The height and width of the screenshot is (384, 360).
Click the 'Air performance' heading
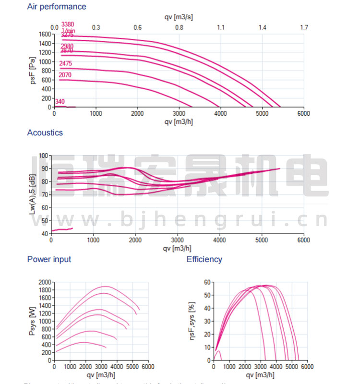coord(57,7)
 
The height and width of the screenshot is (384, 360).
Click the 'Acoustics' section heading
coord(45,132)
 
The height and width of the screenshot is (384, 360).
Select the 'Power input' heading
coord(49,259)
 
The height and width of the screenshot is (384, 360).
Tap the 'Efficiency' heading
coord(204,259)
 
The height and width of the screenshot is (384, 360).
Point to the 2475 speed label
coord(66,63)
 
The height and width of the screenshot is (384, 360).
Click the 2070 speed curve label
coord(65,75)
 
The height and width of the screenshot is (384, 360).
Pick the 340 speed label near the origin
coord(60,101)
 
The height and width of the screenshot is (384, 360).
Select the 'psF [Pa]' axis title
coord(33,71)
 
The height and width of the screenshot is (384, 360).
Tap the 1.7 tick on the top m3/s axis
coord(304,27)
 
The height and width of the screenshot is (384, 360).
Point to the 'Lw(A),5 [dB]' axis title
coord(33,194)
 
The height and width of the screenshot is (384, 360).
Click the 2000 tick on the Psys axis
coord(44,282)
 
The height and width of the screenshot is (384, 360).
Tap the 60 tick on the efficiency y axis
coord(207,282)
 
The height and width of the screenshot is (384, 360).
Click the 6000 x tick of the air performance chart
coord(303,113)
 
